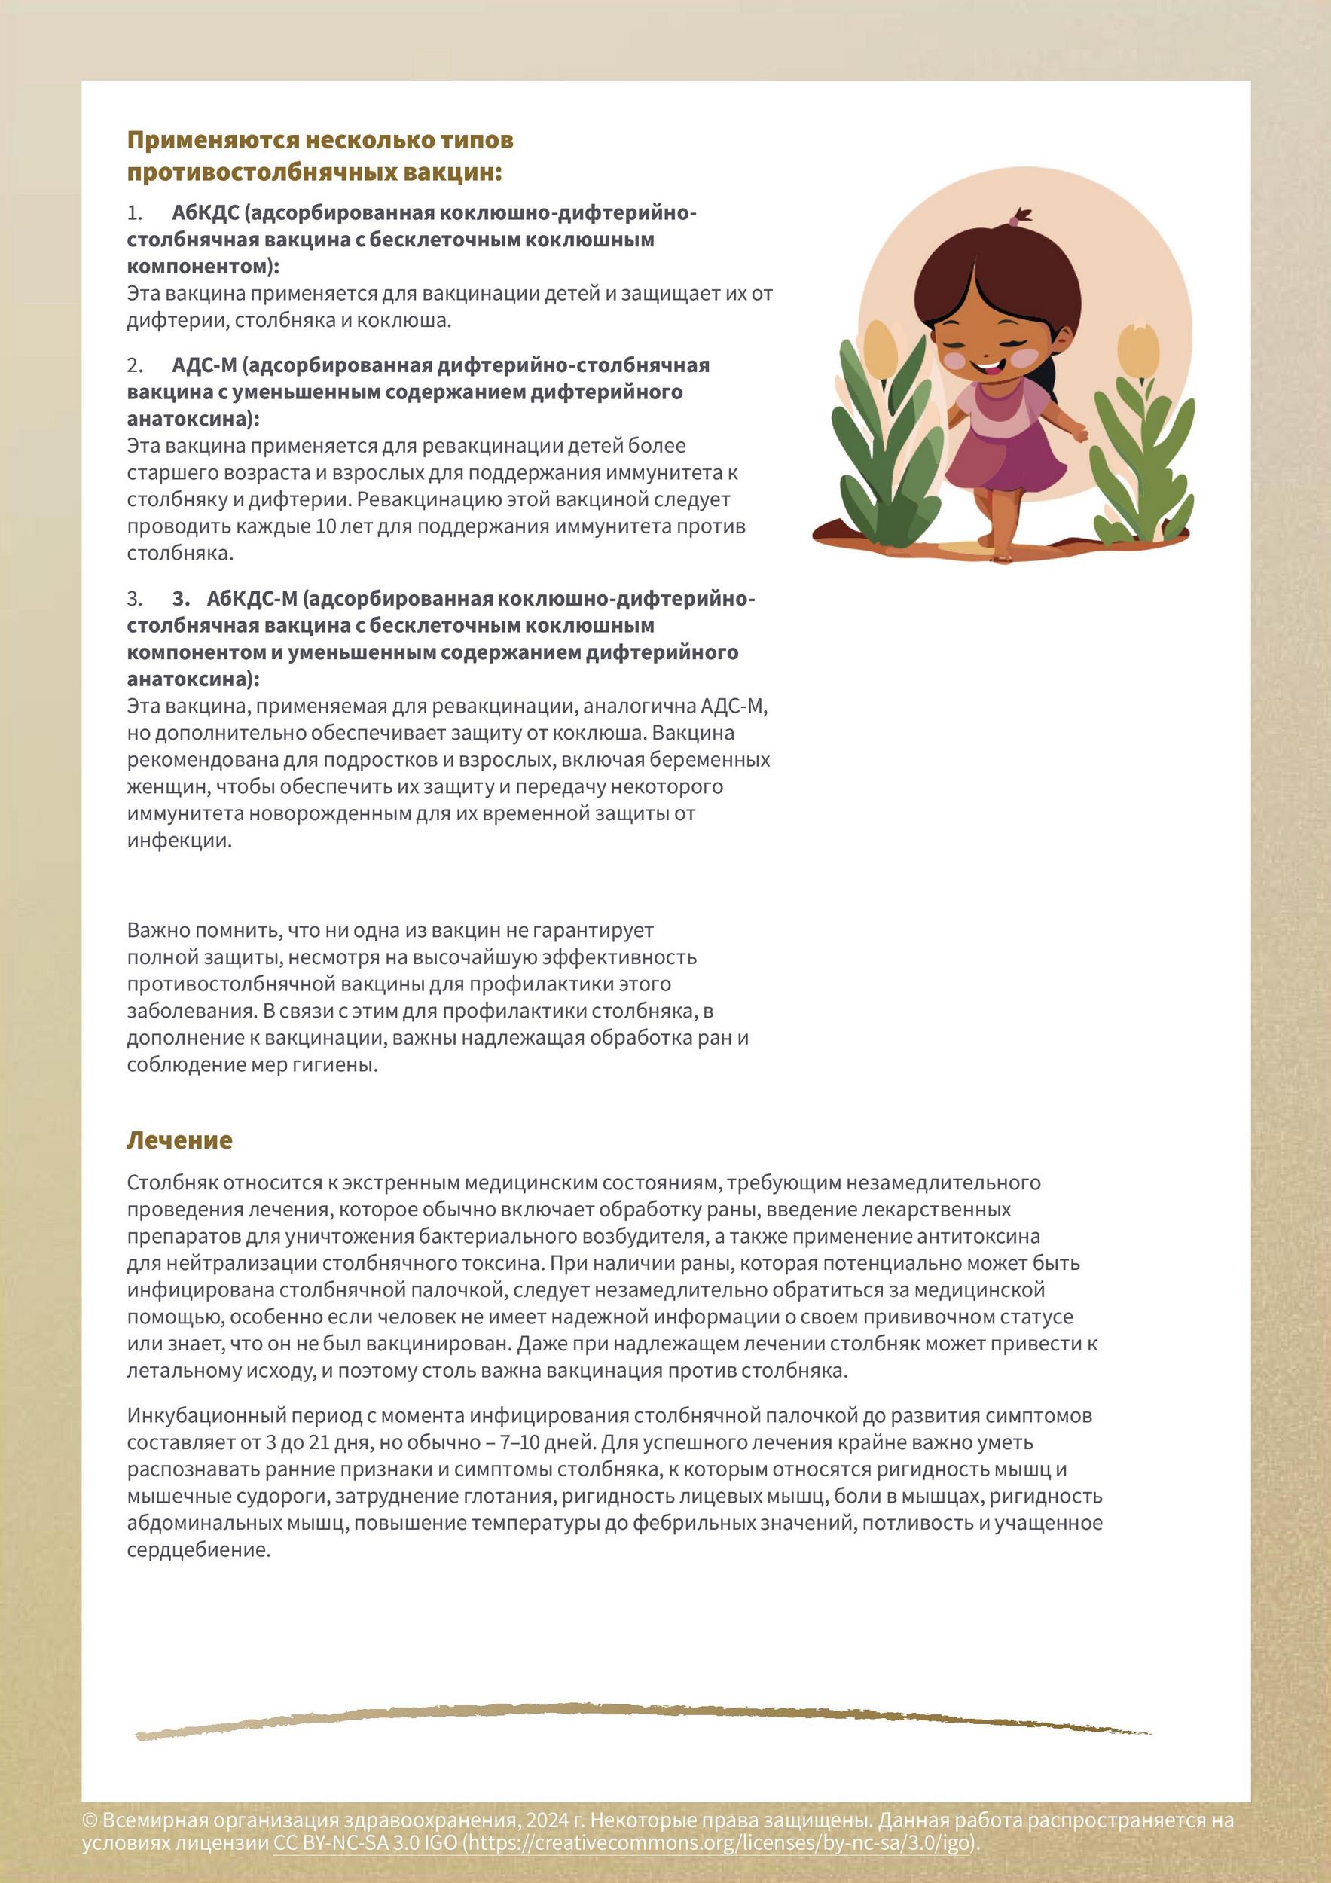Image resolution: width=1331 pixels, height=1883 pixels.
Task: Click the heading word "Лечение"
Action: pos(179,1140)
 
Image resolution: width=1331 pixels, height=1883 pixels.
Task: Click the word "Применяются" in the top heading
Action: pos(212,140)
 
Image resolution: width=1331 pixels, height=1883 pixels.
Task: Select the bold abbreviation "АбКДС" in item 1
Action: pos(205,212)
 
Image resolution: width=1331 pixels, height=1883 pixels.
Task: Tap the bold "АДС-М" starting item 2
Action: pos(203,365)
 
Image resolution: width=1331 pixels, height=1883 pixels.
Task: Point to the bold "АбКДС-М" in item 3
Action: pos(252,599)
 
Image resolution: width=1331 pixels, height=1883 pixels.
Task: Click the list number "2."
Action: pos(135,365)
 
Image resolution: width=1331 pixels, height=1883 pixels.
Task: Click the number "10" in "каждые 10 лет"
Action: pos(325,526)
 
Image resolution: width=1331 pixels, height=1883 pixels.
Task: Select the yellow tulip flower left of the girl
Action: pos(880,349)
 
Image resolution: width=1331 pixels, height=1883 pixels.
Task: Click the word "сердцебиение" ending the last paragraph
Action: pos(197,1550)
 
